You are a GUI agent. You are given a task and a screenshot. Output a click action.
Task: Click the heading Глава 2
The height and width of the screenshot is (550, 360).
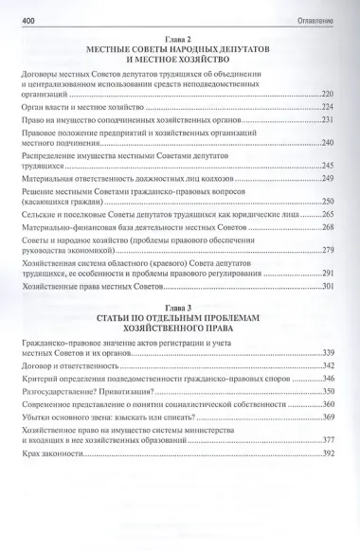179,34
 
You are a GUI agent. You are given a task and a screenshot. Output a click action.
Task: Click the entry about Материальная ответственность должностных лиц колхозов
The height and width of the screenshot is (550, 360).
119,178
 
